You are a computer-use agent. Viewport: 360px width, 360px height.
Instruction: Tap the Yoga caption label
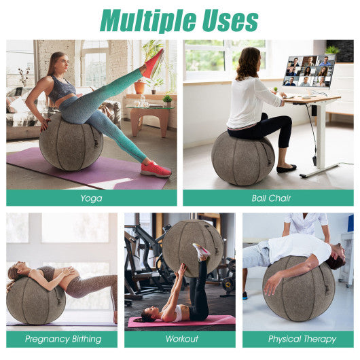tap(91, 198)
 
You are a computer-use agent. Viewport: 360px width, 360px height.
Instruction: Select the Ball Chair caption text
tap(268, 198)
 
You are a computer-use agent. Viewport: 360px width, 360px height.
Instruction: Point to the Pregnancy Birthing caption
tap(62, 339)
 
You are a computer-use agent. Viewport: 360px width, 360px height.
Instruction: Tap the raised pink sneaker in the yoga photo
tap(153, 64)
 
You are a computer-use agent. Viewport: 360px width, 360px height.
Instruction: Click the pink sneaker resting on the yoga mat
tap(156, 169)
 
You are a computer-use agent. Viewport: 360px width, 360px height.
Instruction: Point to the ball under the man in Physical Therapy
tap(298, 289)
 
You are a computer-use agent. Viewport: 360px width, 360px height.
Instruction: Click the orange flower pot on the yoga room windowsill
tap(139, 87)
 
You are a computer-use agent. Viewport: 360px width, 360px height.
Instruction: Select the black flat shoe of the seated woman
tap(286, 168)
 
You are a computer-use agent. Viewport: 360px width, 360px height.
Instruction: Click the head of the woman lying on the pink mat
tap(147, 316)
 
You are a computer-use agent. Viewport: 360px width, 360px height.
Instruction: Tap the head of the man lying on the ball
tap(336, 261)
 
